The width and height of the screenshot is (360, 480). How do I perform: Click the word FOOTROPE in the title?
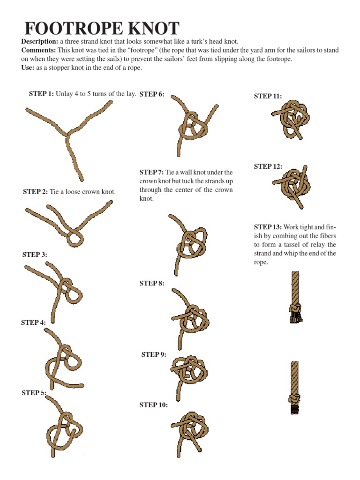pos(76,29)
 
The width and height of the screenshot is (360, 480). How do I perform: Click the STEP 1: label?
pos(41,94)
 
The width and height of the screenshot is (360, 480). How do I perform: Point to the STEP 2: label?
pos(35,192)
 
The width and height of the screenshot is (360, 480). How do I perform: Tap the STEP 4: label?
pos(33,322)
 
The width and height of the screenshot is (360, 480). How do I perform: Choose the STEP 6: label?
pos(152,94)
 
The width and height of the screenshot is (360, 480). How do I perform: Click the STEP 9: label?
pos(154,355)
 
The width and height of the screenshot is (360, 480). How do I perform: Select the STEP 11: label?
pos(268,96)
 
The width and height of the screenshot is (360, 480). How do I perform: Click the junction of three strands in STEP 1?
pos(68,135)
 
